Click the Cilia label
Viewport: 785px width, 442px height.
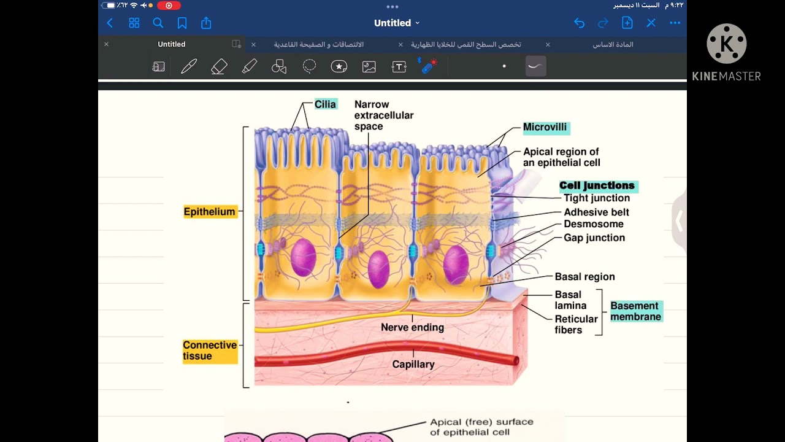tap(326, 104)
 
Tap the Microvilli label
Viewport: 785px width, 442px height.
tap(545, 127)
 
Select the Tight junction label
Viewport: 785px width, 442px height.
tap(597, 198)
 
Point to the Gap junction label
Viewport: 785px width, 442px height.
tap(594, 238)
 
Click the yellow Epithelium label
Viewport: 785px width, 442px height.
tap(210, 212)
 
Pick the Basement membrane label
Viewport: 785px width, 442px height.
tap(636, 311)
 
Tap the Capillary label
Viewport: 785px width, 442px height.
tap(413, 365)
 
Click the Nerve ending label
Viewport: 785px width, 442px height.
tap(413, 327)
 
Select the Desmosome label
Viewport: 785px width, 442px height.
tap(594, 224)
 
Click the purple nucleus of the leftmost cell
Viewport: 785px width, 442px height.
tap(304, 257)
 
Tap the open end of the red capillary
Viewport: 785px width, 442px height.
tap(516, 360)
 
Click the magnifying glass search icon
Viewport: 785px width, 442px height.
tap(158, 23)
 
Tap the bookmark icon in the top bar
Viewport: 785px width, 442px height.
tap(182, 23)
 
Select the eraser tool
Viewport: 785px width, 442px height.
tap(219, 66)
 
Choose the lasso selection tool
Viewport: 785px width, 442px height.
tap(309, 66)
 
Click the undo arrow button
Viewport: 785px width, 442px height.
tap(580, 23)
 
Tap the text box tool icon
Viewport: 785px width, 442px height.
tap(399, 67)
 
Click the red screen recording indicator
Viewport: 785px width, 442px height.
tap(169, 6)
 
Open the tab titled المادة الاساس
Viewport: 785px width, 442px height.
tap(613, 45)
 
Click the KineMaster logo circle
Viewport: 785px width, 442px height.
tap(727, 44)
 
